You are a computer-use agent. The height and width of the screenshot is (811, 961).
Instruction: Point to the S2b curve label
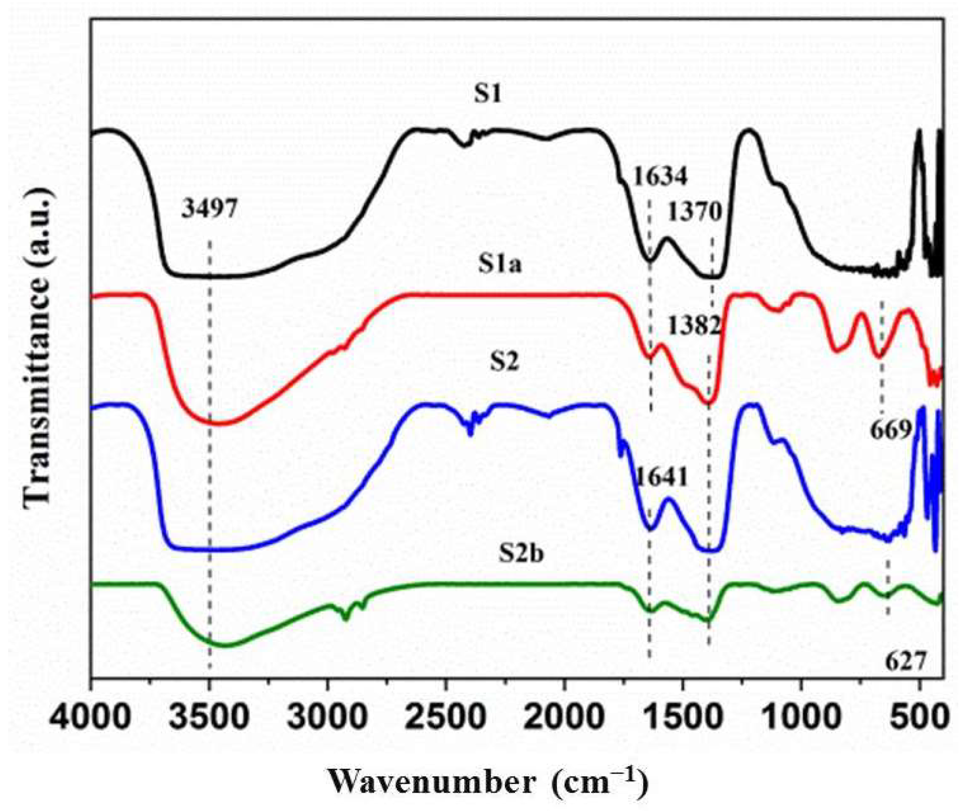[521, 554]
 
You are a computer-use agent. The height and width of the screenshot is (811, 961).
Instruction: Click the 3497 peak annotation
[209, 209]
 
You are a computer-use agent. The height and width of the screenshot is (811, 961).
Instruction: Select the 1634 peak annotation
[660, 176]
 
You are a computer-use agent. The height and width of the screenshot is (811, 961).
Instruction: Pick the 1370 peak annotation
[694, 212]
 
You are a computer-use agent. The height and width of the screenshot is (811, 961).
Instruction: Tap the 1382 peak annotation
[694, 326]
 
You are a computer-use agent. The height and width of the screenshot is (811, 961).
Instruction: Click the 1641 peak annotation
[661, 477]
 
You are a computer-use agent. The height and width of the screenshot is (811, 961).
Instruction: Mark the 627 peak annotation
[906, 662]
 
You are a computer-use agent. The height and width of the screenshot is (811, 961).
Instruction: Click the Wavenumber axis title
[488, 782]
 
